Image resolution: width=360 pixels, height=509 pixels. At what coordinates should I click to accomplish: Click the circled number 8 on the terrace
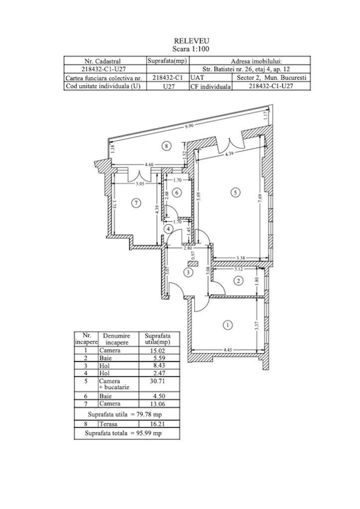click(x=167, y=146)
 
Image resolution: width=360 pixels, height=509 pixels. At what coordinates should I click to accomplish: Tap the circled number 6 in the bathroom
click(x=176, y=193)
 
